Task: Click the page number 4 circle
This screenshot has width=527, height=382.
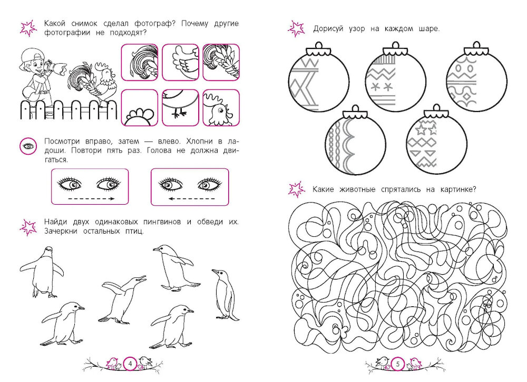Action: pos(130,363)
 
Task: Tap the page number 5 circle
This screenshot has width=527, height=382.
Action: pos(398,364)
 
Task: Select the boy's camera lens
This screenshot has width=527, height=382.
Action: pos(58,68)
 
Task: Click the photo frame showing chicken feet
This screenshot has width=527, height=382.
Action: pos(180,107)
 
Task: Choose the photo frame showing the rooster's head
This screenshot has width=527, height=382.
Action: pos(221,107)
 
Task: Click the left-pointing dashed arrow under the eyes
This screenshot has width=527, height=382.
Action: pos(192,198)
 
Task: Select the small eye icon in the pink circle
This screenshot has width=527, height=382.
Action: pos(28,146)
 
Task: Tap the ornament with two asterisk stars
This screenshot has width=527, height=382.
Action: pos(396,81)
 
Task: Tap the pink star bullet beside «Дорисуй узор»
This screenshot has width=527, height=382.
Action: pos(296,28)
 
